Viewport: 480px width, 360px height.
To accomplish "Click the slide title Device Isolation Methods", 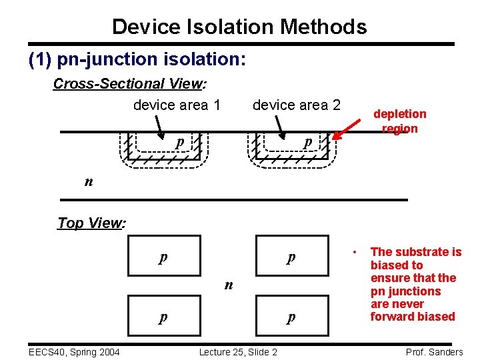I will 239,27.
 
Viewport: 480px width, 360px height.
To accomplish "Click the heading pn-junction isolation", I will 138,59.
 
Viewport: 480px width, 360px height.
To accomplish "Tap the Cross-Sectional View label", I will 129,84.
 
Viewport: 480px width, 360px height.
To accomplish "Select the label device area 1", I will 177,105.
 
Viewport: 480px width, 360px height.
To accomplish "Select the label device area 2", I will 296,105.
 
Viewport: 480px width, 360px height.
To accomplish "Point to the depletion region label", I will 399,121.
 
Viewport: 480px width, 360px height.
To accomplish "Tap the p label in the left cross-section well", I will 179,143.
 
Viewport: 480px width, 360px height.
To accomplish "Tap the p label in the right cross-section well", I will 307,143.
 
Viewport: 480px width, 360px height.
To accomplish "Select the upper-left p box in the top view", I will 163,256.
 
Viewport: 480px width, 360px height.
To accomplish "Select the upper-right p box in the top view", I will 291,256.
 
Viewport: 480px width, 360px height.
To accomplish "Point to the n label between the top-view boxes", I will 229,285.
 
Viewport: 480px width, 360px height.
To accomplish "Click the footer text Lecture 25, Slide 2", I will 238,352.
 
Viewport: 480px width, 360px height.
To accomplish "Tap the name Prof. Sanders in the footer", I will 434,352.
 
